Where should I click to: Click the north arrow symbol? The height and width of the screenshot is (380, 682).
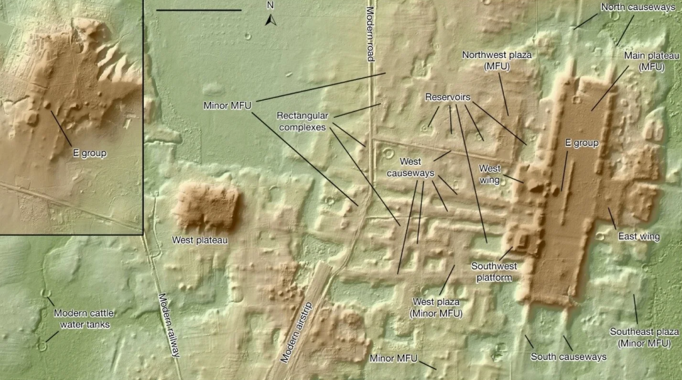pos(270,19)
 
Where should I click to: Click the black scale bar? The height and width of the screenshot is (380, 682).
pos(198,10)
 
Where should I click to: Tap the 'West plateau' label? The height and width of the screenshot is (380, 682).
pos(200,240)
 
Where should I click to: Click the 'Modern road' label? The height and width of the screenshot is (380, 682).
pos(370,33)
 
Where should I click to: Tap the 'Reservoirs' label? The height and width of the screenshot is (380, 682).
pos(448,98)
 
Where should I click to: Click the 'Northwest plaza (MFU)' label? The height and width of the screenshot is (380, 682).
pos(498,60)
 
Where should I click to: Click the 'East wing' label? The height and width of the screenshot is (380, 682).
pos(638,237)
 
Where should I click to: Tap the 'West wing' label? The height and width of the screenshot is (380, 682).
pos(490,173)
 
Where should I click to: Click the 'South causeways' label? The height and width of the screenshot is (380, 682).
pos(568,357)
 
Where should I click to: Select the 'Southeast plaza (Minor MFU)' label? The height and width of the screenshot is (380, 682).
pos(644,337)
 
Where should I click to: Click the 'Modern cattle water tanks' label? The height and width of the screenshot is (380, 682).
pos(81,319)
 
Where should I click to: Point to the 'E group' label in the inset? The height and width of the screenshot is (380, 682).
pos(89,153)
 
